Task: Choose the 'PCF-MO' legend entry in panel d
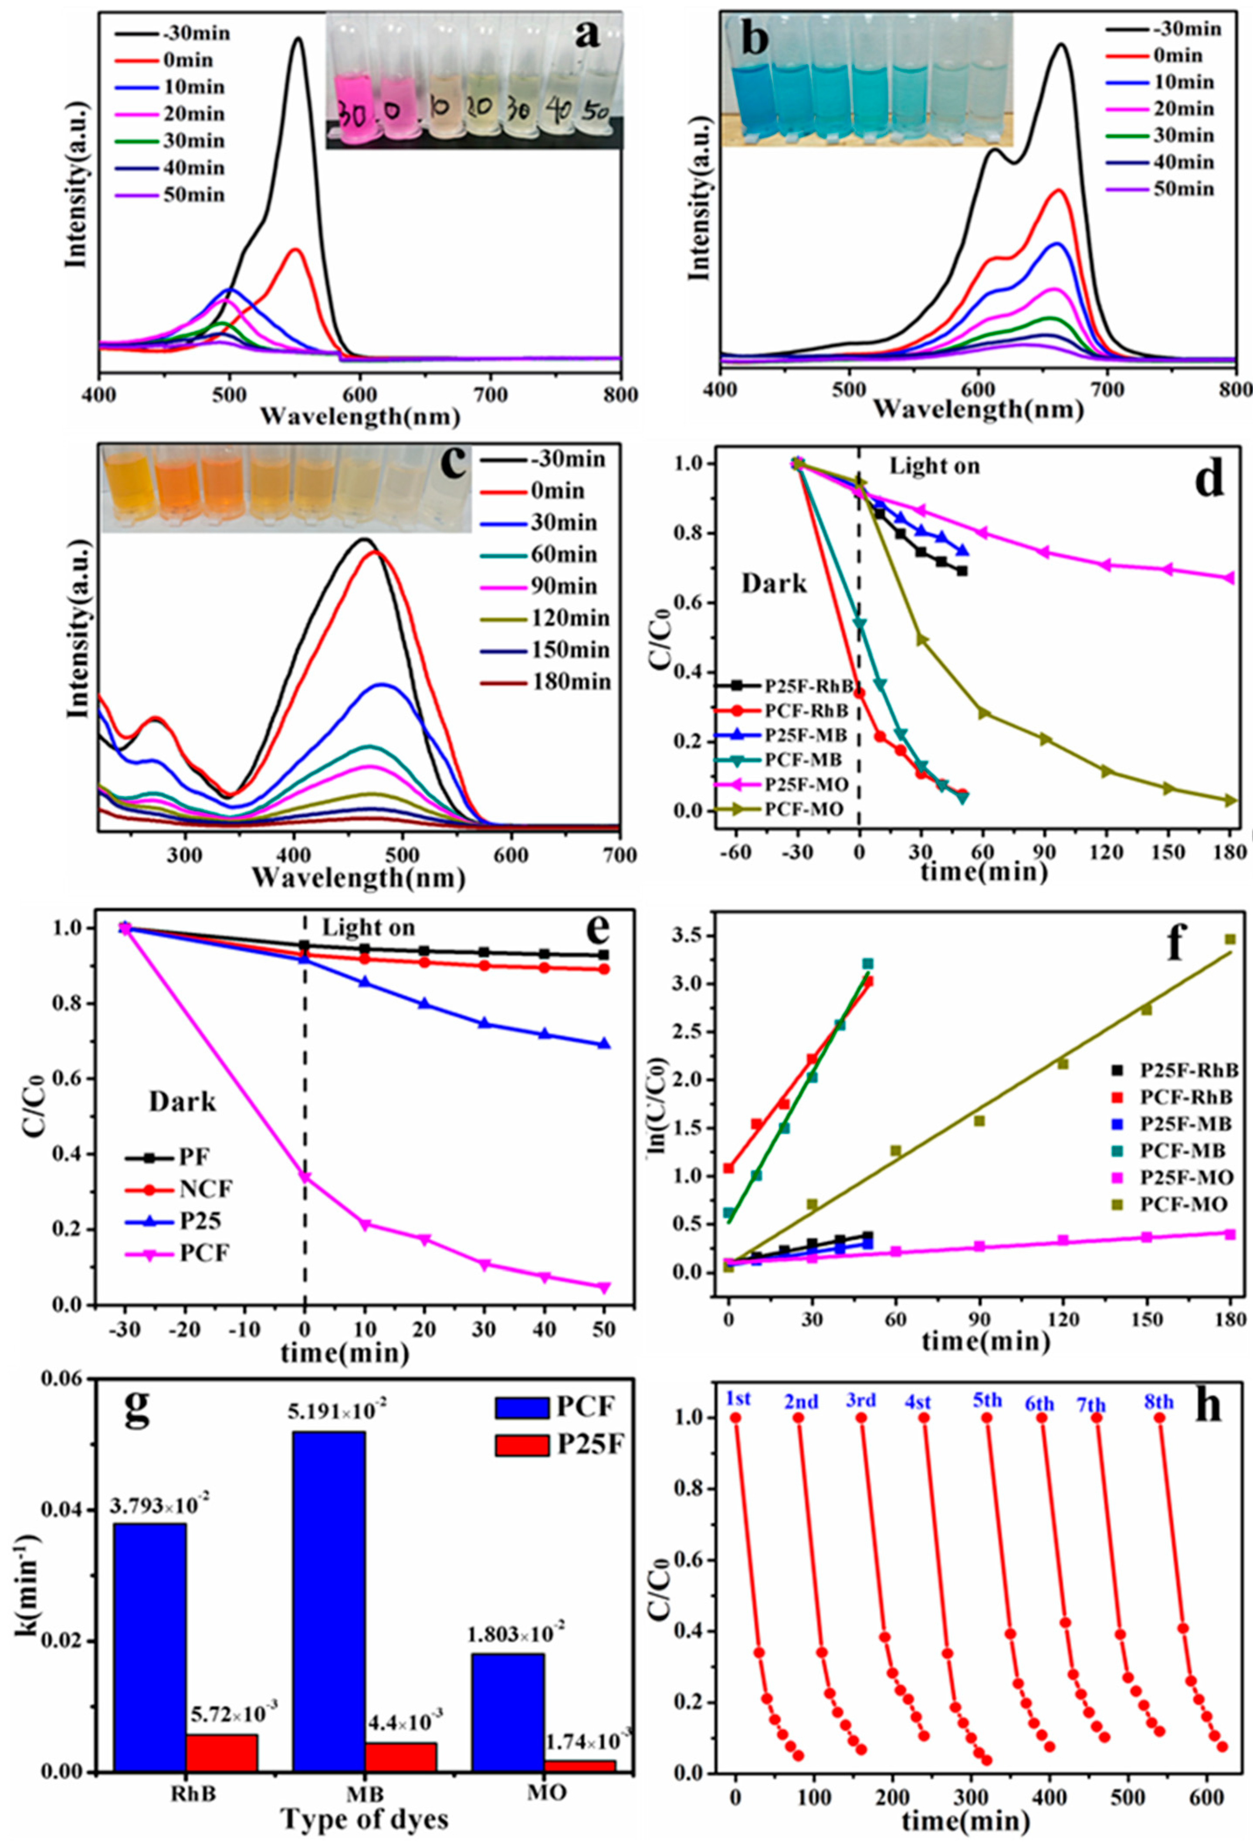pos(802,810)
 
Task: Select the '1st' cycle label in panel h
pos(738,1398)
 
